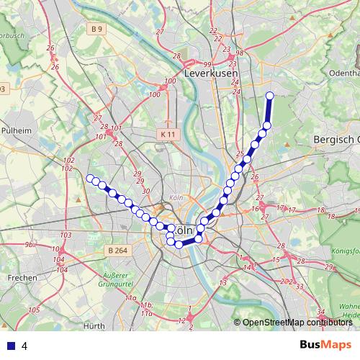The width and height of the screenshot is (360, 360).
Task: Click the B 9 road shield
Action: [97, 29]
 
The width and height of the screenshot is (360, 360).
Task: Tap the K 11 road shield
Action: [168, 134]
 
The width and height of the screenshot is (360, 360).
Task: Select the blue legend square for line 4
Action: [9, 346]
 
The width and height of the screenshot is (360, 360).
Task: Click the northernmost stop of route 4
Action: [270, 96]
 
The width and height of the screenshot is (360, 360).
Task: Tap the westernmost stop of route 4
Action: [90, 178]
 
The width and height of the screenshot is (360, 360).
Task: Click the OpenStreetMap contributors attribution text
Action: [297, 323]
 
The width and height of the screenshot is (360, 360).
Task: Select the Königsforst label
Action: [343, 251]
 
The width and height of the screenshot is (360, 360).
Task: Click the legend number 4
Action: [24, 346]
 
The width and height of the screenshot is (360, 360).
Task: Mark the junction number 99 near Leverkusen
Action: [207, 63]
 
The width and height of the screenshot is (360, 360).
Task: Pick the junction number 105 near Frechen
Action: [34, 310]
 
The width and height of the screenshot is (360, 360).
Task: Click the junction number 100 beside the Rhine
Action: [153, 94]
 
